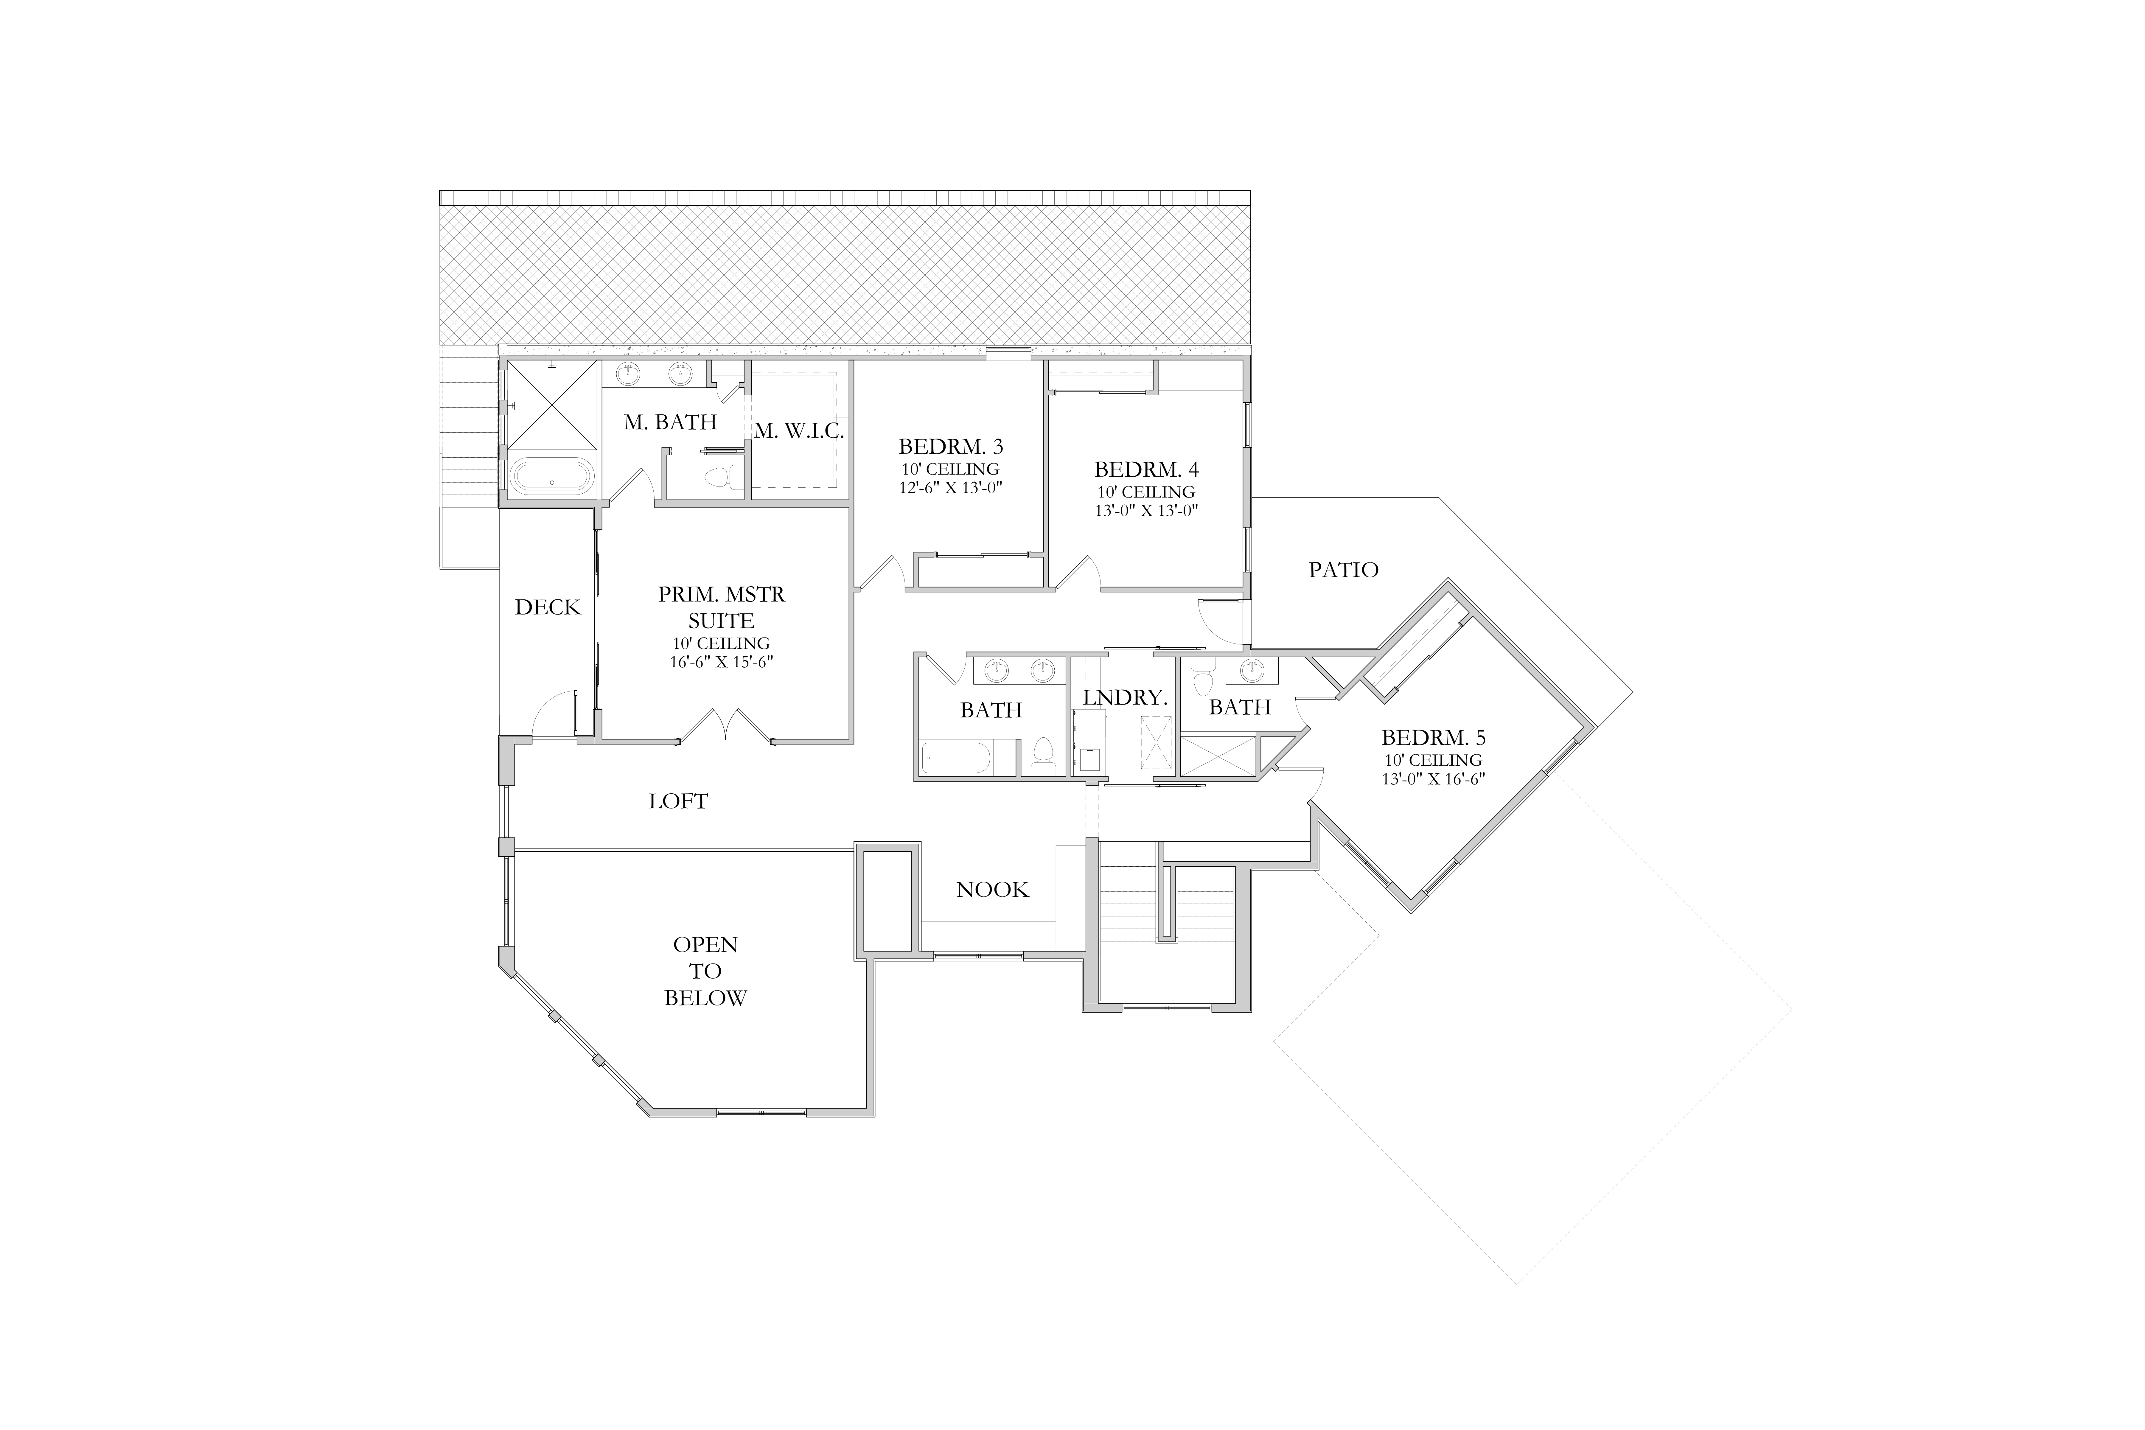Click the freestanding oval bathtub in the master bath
click(x=552, y=476)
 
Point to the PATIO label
click(x=1343, y=570)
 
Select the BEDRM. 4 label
click(x=1146, y=470)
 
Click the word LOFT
click(x=679, y=802)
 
